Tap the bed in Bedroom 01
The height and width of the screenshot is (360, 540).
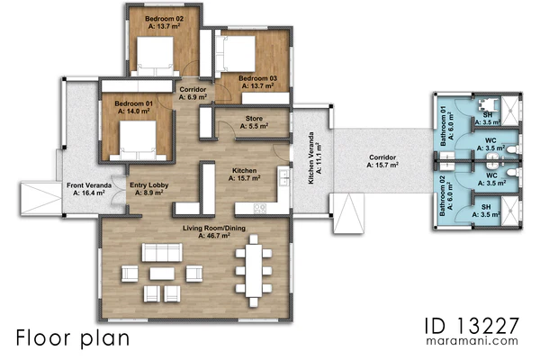pyautogui.click(x=138, y=140)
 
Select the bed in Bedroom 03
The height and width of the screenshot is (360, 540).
pyautogui.click(x=236, y=54)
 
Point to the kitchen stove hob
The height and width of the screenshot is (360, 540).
pyautogui.click(x=260, y=209)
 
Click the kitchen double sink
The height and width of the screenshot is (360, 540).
pyautogui.click(x=284, y=177)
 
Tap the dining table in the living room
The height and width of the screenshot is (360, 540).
pyautogui.click(x=254, y=270)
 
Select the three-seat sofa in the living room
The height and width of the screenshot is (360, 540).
pyautogui.click(x=162, y=253)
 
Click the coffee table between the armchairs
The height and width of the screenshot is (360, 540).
pyautogui.click(x=162, y=274)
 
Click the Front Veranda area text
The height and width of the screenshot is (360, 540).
pyautogui.click(x=89, y=193)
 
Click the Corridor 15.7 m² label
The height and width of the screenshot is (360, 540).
pyautogui.click(x=382, y=161)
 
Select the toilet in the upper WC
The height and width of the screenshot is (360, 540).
pyautogui.click(x=513, y=150)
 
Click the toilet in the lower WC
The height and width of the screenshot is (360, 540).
pyautogui.click(x=513, y=172)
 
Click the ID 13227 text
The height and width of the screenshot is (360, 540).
pyautogui.click(x=472, y=326)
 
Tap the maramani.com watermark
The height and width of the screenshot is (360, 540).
pyautogui.click(x=472, y=341)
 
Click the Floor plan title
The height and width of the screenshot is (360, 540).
pyautogui.click(x=73, y=338)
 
